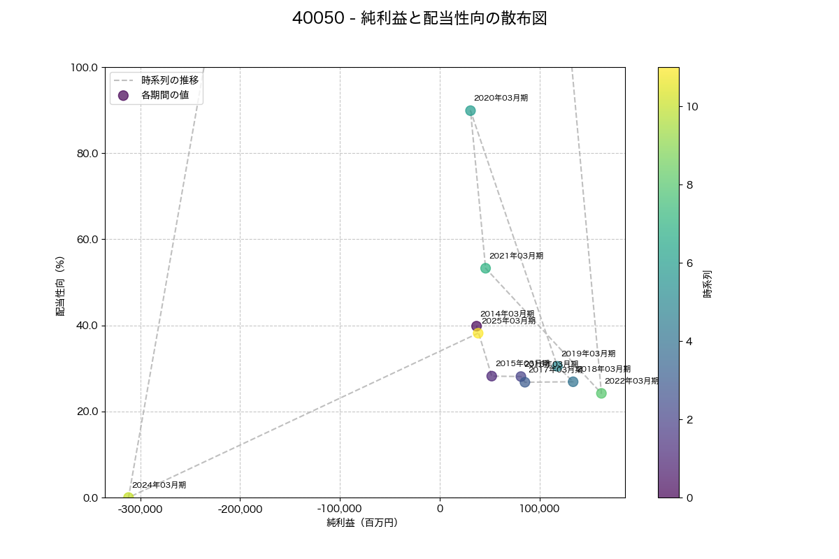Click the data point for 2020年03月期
click(x=471, y=110)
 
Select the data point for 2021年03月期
click(x=485, y=268)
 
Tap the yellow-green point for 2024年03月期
click(x=129, y=498)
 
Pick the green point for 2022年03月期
click(x=601, y=393)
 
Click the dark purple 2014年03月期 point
click(x=476, y=326)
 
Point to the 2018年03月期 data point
click(x=573, y=382)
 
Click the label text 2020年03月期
click(x=501, y=99)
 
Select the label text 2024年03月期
click(x=159, y=485)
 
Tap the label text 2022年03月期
click(x=631, y=382)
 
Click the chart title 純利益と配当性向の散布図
click(x=419, y=19)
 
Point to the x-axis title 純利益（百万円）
click(x=362, y=523)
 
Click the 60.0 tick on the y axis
click(x=86, y=240)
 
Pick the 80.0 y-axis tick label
click(x=86, y=154)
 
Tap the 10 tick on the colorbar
click(x=692, y=107)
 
